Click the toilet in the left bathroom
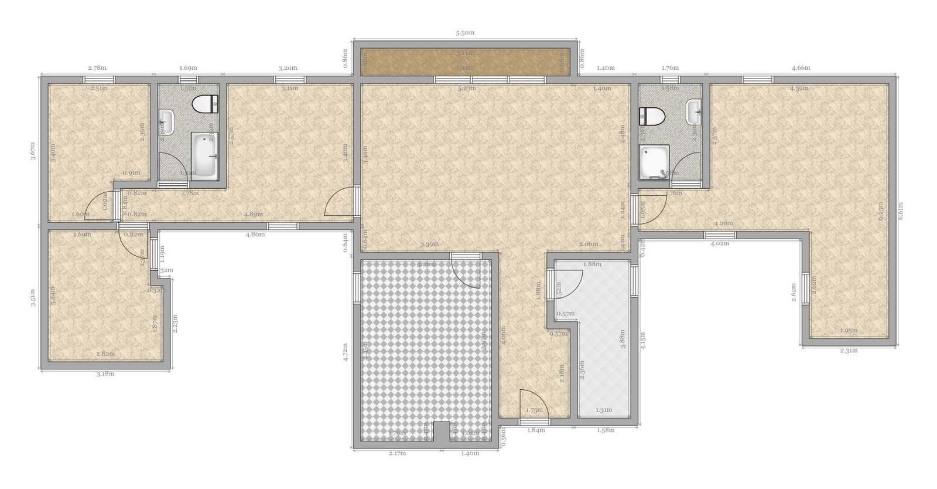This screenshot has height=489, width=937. point(206,104)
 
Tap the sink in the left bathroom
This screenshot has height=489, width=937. point(167,122)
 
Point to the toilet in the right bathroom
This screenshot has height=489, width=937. point(651,116)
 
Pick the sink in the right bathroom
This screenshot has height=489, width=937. point(694,112)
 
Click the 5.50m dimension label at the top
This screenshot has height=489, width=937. point(465,33)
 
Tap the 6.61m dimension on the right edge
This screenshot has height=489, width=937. point(901,211)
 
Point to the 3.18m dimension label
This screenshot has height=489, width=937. point(105,374)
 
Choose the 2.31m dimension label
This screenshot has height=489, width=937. point(849,351)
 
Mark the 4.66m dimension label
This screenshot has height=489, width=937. point(801,68)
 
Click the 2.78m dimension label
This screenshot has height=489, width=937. point(97,68)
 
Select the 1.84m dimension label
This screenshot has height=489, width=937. point(536,430)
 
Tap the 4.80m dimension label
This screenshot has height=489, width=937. point(255,235)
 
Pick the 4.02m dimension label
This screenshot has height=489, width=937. point(719,243)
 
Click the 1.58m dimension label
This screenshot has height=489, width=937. point(606,430)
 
